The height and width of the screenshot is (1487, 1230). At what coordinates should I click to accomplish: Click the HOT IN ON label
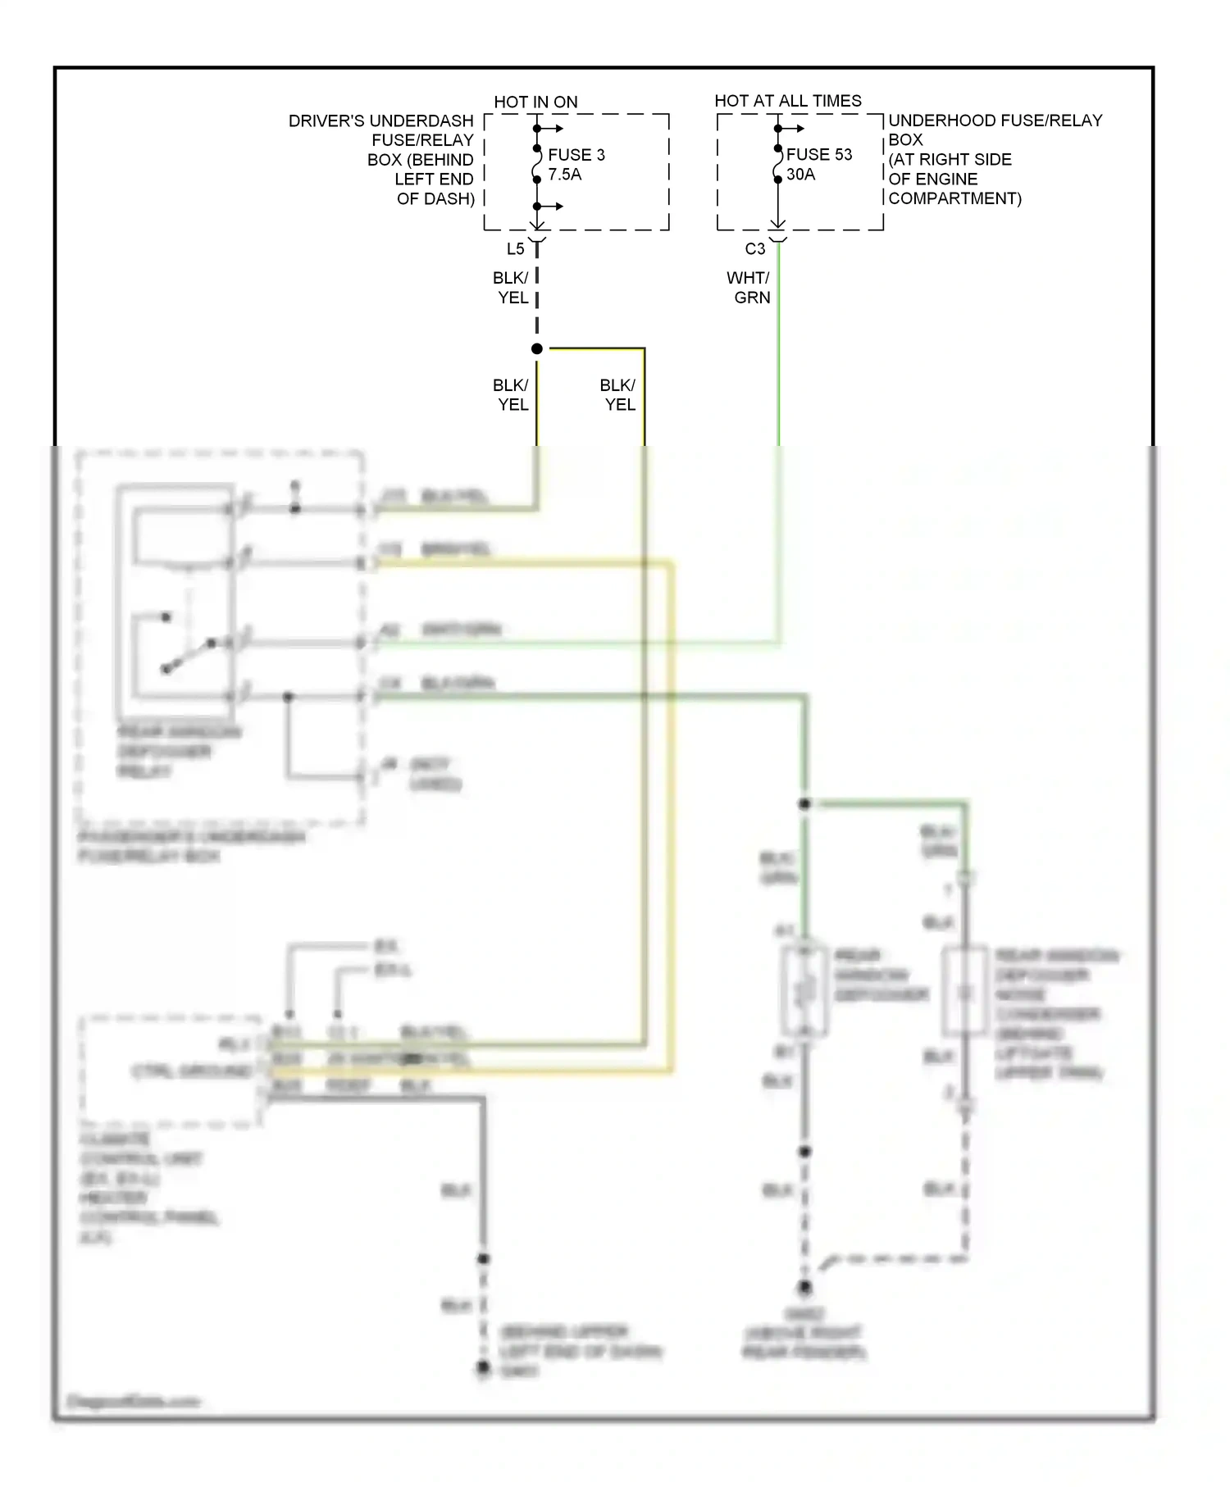click(535, 102)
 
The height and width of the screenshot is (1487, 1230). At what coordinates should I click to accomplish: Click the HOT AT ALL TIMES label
click(787, 101)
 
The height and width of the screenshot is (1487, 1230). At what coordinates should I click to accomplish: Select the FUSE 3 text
click(576, 154)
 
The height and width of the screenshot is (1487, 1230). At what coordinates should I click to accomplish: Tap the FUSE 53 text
click(819, 154)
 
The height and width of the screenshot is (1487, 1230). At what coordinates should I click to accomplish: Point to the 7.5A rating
click(564, 174)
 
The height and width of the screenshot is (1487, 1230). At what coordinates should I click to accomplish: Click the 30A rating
click(800, 174)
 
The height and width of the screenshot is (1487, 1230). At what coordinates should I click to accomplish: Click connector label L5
click(515, 248)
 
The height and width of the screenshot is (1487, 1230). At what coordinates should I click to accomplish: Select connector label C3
click(754, 248)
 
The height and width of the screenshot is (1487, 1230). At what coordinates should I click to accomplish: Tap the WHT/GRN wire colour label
click(749, 288)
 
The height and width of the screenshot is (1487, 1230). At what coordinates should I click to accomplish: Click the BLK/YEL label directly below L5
click(511, 288)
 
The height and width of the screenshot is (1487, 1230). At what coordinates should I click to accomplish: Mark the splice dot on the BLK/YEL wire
click(537, 349)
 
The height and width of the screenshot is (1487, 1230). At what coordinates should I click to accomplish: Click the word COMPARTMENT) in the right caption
click(954, 198)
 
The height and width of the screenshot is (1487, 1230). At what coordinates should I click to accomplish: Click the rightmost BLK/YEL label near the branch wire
click(617, 394)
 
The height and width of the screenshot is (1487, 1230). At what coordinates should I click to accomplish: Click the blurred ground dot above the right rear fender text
click(805, 1288)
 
